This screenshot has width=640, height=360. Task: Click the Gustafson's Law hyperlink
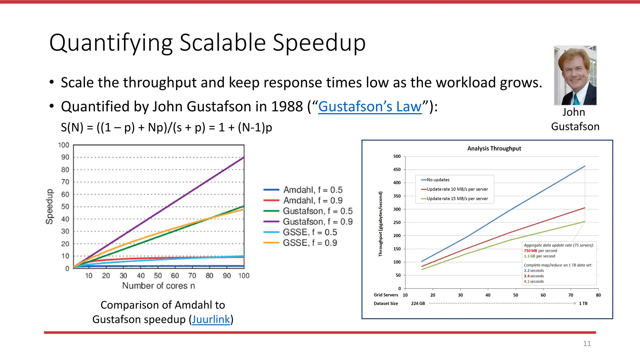[370, 107]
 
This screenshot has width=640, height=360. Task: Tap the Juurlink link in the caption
[211, 319]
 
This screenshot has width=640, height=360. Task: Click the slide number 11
[587, 343]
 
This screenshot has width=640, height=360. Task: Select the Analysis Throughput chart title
[494, 148]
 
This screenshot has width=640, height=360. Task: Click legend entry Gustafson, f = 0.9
[317, 222]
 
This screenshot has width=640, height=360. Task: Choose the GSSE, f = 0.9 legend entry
[310, 243]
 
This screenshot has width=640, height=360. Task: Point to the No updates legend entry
[438, 180]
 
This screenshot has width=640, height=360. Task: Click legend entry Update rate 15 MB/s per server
[457, 198]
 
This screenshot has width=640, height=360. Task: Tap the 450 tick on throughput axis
[397, 169]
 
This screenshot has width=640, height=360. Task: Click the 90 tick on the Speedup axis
[65, 157]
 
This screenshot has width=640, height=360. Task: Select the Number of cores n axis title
[158, 286]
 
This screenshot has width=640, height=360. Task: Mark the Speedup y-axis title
[49, 207]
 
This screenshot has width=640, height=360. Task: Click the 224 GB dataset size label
[418, 303]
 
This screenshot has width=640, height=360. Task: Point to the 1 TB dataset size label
[583, 303]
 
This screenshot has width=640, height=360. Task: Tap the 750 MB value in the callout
[530, 251]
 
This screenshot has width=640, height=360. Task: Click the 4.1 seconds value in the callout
[534, 281]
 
